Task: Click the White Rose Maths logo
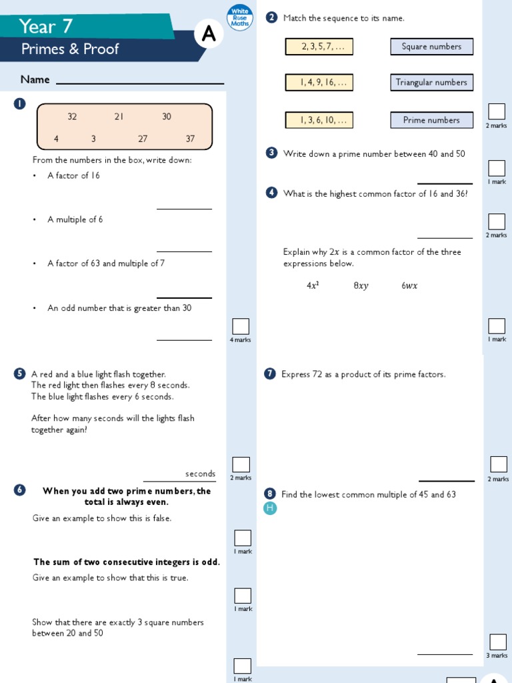point(239,17)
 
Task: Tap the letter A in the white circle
point(209,35)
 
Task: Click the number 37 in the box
point(191,139)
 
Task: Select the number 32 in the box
point(72,117)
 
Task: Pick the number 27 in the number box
point(143,139)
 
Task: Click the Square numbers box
point(431,47)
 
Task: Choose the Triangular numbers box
point(431,83)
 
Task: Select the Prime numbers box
point(431,120)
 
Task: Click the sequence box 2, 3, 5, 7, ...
point(319,47)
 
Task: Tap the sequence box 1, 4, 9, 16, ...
point(319,83)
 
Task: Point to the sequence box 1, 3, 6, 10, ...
point(319,120)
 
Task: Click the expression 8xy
point(361,285)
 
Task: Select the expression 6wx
point(409,285)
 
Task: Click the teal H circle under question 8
point(270,508)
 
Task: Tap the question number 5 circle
point(19,374)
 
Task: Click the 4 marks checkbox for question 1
point(241,326)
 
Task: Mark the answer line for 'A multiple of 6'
point(184,251)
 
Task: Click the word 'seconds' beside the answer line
point(200,474)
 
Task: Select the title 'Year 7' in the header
point(46,27)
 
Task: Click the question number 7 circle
point(270,374)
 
